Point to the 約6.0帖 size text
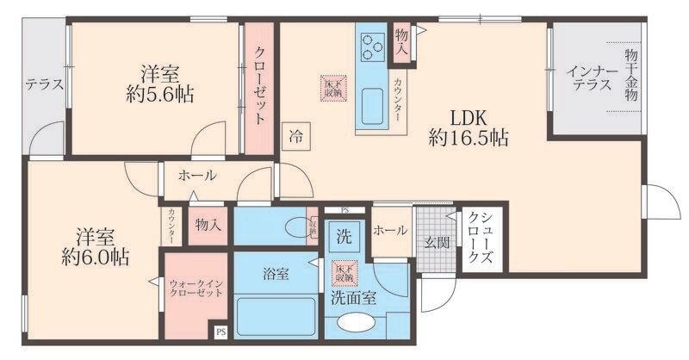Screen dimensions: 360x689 tap(96, 256)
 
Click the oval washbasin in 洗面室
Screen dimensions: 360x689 tap(355, 324)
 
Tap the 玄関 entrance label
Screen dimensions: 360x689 tap(436, 244)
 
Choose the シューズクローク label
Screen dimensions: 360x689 tap(475, 240)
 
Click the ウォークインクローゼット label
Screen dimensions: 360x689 tap(196, 286)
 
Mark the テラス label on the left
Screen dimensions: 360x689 tap(44, 84)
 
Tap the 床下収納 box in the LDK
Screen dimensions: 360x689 tap(332, 86)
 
